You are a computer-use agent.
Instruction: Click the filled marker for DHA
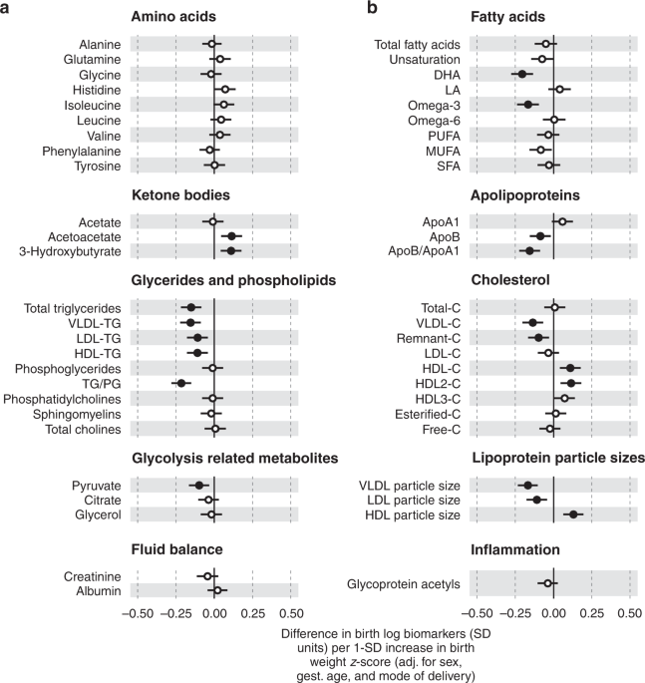pos(522,75)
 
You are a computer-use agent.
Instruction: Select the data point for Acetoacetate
pos(231,236)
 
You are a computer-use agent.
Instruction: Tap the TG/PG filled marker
pos(181,383)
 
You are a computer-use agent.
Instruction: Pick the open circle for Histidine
pos(225,90)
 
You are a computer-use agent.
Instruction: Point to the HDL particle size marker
pos(573,514)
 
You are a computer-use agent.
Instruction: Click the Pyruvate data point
pos(199,486)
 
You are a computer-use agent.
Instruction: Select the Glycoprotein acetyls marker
pos(548,583)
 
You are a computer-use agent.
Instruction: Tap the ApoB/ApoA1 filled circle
pos(529,251)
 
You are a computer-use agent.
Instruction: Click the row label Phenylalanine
pos(82,152)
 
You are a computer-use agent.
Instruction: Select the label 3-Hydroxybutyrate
pos(70,252)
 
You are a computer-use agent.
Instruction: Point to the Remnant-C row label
pos(428,338)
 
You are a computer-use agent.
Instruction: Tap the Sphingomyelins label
pos(77,414)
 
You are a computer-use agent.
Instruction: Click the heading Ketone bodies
pos(180,195)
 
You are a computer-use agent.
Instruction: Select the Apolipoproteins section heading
pos(525,195)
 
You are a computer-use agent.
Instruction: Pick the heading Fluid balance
pos(176,549)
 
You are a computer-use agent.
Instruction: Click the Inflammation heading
pos(515,549)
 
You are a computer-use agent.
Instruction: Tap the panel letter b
pos(372,7)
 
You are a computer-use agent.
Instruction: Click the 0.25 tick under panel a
pos(253,613)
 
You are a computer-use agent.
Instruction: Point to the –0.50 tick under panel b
pos(478,613)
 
